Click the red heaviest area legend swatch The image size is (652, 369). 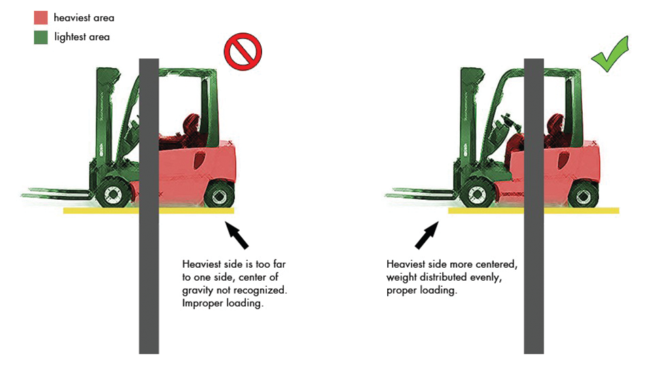(41, 18)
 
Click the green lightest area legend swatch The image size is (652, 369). (41, 37)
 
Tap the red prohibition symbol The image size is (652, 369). (242, 53)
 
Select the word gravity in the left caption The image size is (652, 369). (198, 289)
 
